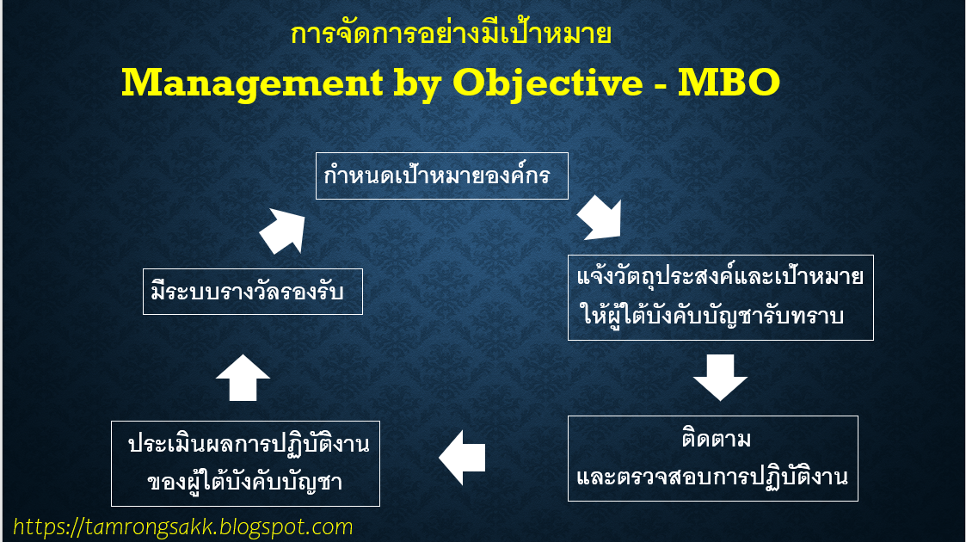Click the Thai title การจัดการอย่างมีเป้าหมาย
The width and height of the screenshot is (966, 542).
pyautogui.click(x=451, y=35)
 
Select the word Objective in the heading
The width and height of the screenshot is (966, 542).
pyautogui.click(x=547, y=83)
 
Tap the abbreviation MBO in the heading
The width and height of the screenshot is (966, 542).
pyautogui.click(x=729, y=83)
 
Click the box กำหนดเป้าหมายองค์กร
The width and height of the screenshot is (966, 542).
pyautogui.click(x=441, y=176)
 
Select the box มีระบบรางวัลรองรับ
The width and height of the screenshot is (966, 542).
pyautogui.click(x=252, y=292)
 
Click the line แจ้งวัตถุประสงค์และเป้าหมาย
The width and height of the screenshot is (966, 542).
pyautogui.click(x=720, y=279)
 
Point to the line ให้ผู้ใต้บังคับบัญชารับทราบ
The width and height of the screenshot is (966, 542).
pyautogui.click(x=714, y=316)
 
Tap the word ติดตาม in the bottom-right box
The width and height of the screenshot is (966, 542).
pyautogui.click(x=712, y=440)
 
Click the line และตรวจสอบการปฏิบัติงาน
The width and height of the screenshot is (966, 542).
pyautogui.click(x=712, y=477)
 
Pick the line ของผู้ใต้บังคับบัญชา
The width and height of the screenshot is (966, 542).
pyautogui.click(x=245, y=482)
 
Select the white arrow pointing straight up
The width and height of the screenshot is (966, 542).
pyautogui.click(x=243, y=377)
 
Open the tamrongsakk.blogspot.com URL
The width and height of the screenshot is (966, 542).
pyautogui.click(x=183, y=527)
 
